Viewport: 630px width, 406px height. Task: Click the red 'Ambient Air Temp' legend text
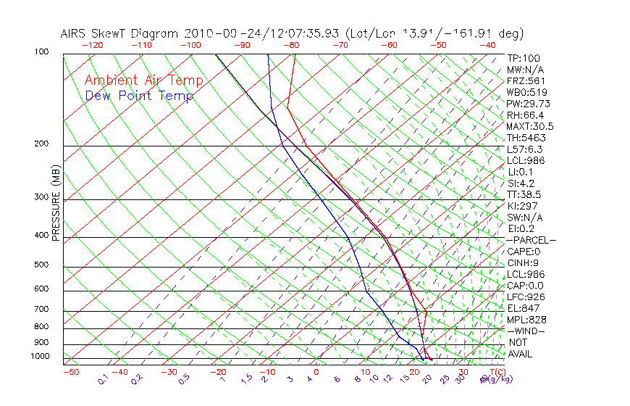[x=143, y=80]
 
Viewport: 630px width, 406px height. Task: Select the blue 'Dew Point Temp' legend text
[x=139, y=96]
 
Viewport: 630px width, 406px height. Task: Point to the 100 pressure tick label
[x=41, y=52]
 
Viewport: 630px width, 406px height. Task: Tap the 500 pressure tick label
[x=41, y=265]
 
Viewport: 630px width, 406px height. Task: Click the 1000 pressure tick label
[x=39, y=357]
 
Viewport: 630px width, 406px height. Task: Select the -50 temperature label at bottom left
[x=70, y=372]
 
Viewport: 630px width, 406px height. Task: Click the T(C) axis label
[x=494, y=372]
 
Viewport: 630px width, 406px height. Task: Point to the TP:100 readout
[x=524, y=58]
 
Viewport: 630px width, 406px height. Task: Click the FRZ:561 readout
[x=526, y=81]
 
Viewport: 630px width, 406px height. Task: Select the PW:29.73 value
[x=529, y=104]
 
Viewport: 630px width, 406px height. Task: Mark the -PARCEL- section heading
[x=531, y=240]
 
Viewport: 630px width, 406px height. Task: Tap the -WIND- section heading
[x=526, y=331]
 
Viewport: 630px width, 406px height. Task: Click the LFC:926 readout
[x=526, y=297]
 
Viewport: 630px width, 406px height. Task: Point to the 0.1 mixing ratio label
[x=103, y=378]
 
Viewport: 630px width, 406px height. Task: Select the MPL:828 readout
[x=526, y=319]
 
